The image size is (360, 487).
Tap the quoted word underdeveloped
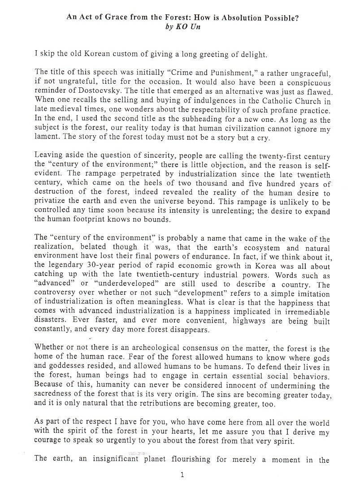click(121, 284)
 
